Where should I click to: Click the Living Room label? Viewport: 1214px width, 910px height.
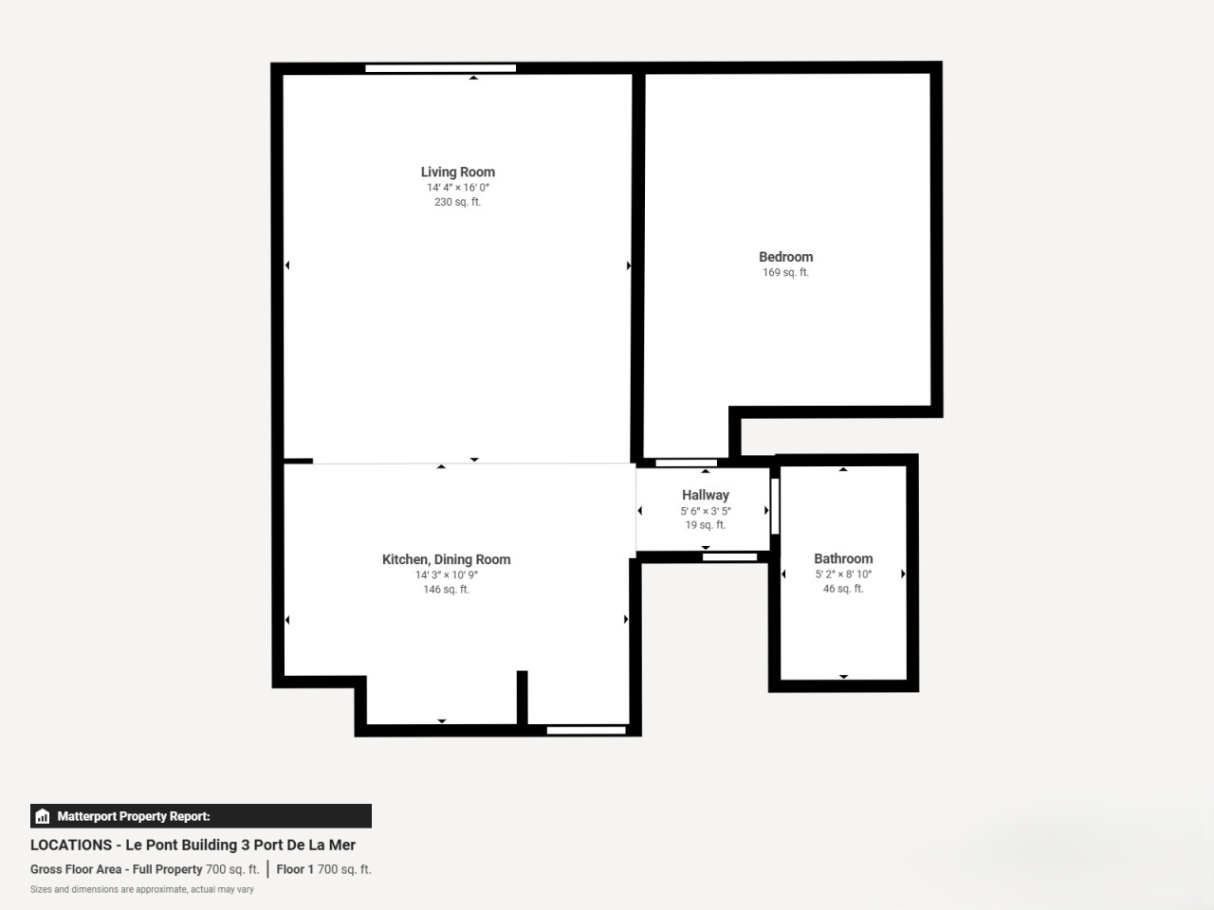pyautogui.click(x=457, y=173)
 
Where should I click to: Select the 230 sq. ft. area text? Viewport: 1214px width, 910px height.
pyautogui.click(x=457, y=202)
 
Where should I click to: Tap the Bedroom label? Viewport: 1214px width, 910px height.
pyautogui.click(x=785, y=257)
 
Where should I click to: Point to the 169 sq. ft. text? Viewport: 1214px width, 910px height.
pyautogui.click(x=785, y=272)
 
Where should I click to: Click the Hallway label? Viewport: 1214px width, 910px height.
pyautogui.click(x=706, y=495)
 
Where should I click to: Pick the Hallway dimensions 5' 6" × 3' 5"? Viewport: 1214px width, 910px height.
pyautogui.click(x=706, y=511)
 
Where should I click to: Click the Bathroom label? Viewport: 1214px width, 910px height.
pyautogui.click(x=843, y=558)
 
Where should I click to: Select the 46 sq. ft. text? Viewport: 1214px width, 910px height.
pyautogui.click(x=843, y=589)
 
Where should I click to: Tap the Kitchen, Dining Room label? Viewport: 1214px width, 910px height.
pyautogui.click(x=446, y=559)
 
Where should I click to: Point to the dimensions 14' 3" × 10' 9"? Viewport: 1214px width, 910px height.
pyautogui.click(x=447, y=575)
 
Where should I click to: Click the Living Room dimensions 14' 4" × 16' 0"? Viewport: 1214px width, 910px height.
pyautogui.click(x=457, y=188)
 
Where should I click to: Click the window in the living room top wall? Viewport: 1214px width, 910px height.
pyautogui.click(x=440, y=68)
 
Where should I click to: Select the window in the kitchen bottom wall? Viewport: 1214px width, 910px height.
pyautogui.click(x=586, y=731)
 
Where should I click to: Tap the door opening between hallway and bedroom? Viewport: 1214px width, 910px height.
pyautogui.click(x=686, y=463)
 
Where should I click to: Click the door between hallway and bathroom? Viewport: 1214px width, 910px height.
pyautogui.click(x=775, y=506)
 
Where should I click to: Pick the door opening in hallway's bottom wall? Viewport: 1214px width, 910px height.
pyautogui.click(x=729, y=557)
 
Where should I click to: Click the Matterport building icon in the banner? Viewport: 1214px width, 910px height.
pyautogui.click(x=43, y=816)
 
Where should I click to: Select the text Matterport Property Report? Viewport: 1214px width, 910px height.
pyautogui.click(x=134, y=816)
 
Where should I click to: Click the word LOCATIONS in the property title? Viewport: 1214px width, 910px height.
pyautogui.click(x=71, y=845)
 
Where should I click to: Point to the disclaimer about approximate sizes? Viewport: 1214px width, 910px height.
pyautogui.click(x=141, y=889)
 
